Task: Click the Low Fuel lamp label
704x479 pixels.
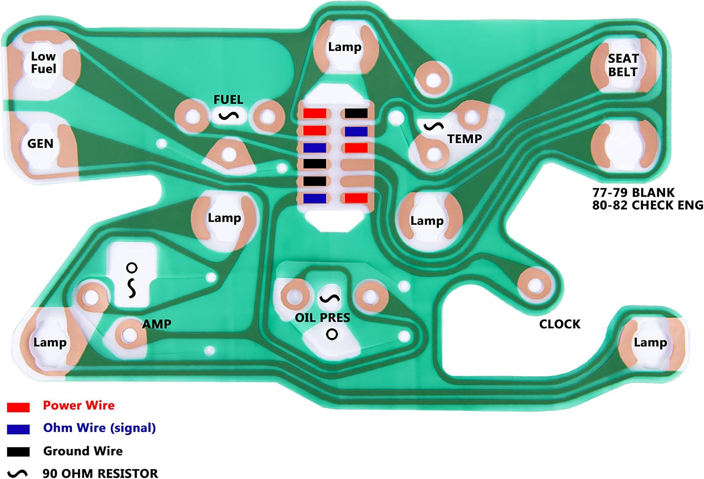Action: point(43,62)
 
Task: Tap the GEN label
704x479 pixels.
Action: point(40,144)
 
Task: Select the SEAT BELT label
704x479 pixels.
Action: point(623,65)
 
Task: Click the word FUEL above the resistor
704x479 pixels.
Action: point(228,99)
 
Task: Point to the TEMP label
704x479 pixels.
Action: point(465,138)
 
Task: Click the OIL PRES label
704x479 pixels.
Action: point(322,318)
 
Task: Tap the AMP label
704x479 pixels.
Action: point(157,324)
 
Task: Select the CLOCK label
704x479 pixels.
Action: point(560,324)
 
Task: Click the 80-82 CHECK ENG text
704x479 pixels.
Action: point(648,205)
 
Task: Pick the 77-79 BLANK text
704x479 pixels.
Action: point(634,192)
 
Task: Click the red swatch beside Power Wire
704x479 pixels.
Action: point(18,407)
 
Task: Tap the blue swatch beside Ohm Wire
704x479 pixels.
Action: point(18,429)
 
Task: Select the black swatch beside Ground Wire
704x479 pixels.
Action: point(18,452)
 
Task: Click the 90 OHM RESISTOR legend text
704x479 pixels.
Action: point(100,473)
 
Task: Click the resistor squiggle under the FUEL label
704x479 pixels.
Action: point(229,116)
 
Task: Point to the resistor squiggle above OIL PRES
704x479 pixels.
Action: point(329,298)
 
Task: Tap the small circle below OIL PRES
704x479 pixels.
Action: point(332,334)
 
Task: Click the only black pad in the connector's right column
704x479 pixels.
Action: point(356,114)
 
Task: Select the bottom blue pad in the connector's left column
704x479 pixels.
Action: point(314,198)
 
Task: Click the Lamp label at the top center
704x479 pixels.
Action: point(345,47)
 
